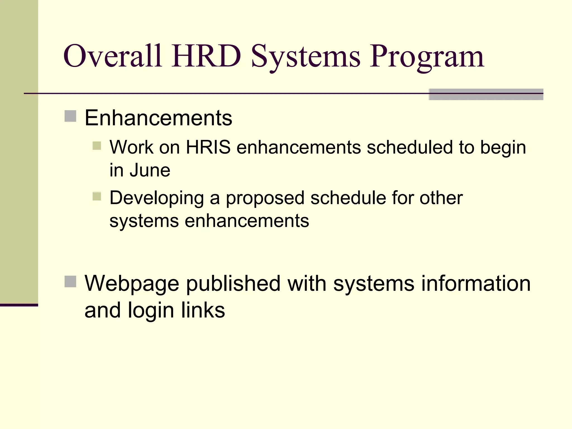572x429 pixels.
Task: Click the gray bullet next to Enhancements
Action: [70, 116]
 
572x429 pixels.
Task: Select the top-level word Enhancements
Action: [158, 118]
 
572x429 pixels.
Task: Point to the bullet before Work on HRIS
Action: [97, 146]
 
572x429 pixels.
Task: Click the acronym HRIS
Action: [208, 147]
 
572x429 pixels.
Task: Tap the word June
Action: [150, 170]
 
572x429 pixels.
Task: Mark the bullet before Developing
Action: [97, 196]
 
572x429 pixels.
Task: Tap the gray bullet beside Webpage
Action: [70, 282]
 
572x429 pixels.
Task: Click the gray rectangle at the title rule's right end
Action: [486, 94]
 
